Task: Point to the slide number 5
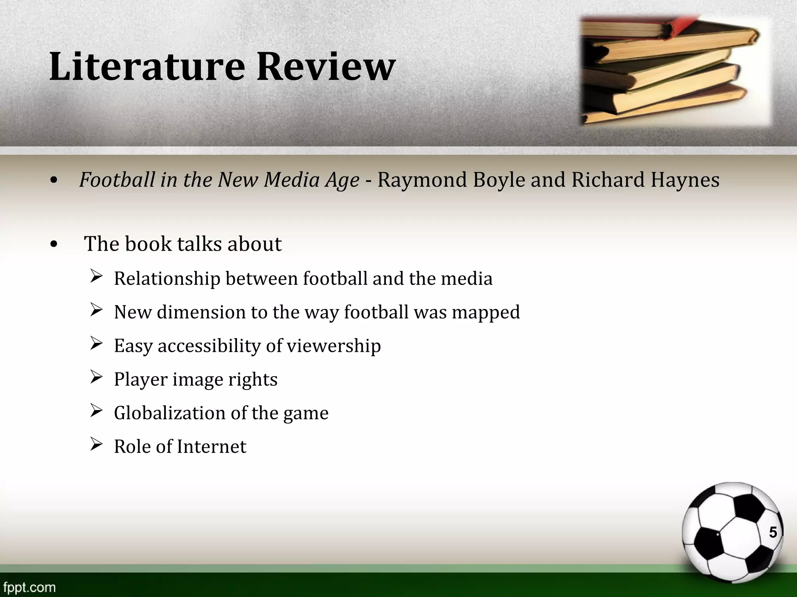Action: tap(772, 532)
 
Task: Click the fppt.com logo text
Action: tap(29, 587)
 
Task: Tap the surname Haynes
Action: tap(685, 180)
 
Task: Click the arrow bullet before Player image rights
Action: tap(96, 377)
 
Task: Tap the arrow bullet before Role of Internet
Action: tap(96, 444)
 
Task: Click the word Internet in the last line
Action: tap(211, 446)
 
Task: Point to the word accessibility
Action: tap(209, 346)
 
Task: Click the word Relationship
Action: tap(167, 279)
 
